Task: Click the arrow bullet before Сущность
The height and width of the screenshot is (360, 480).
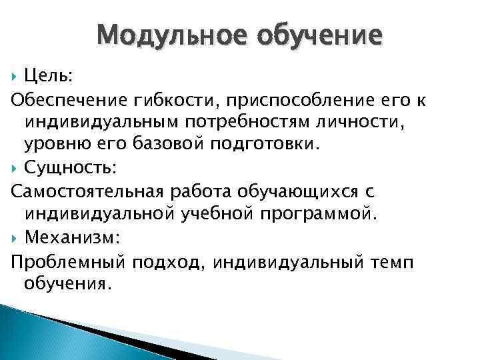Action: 15,167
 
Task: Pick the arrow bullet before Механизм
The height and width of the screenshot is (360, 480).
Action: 15,237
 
